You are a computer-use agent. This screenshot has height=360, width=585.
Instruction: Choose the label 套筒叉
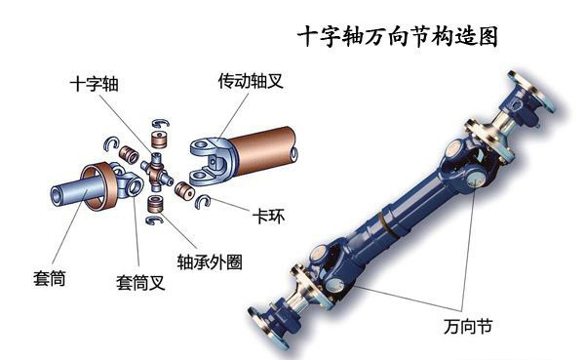pyautogui.click(x=137, y=283)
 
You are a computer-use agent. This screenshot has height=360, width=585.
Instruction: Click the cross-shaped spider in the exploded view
pyautogui.click(x=156, y=169)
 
